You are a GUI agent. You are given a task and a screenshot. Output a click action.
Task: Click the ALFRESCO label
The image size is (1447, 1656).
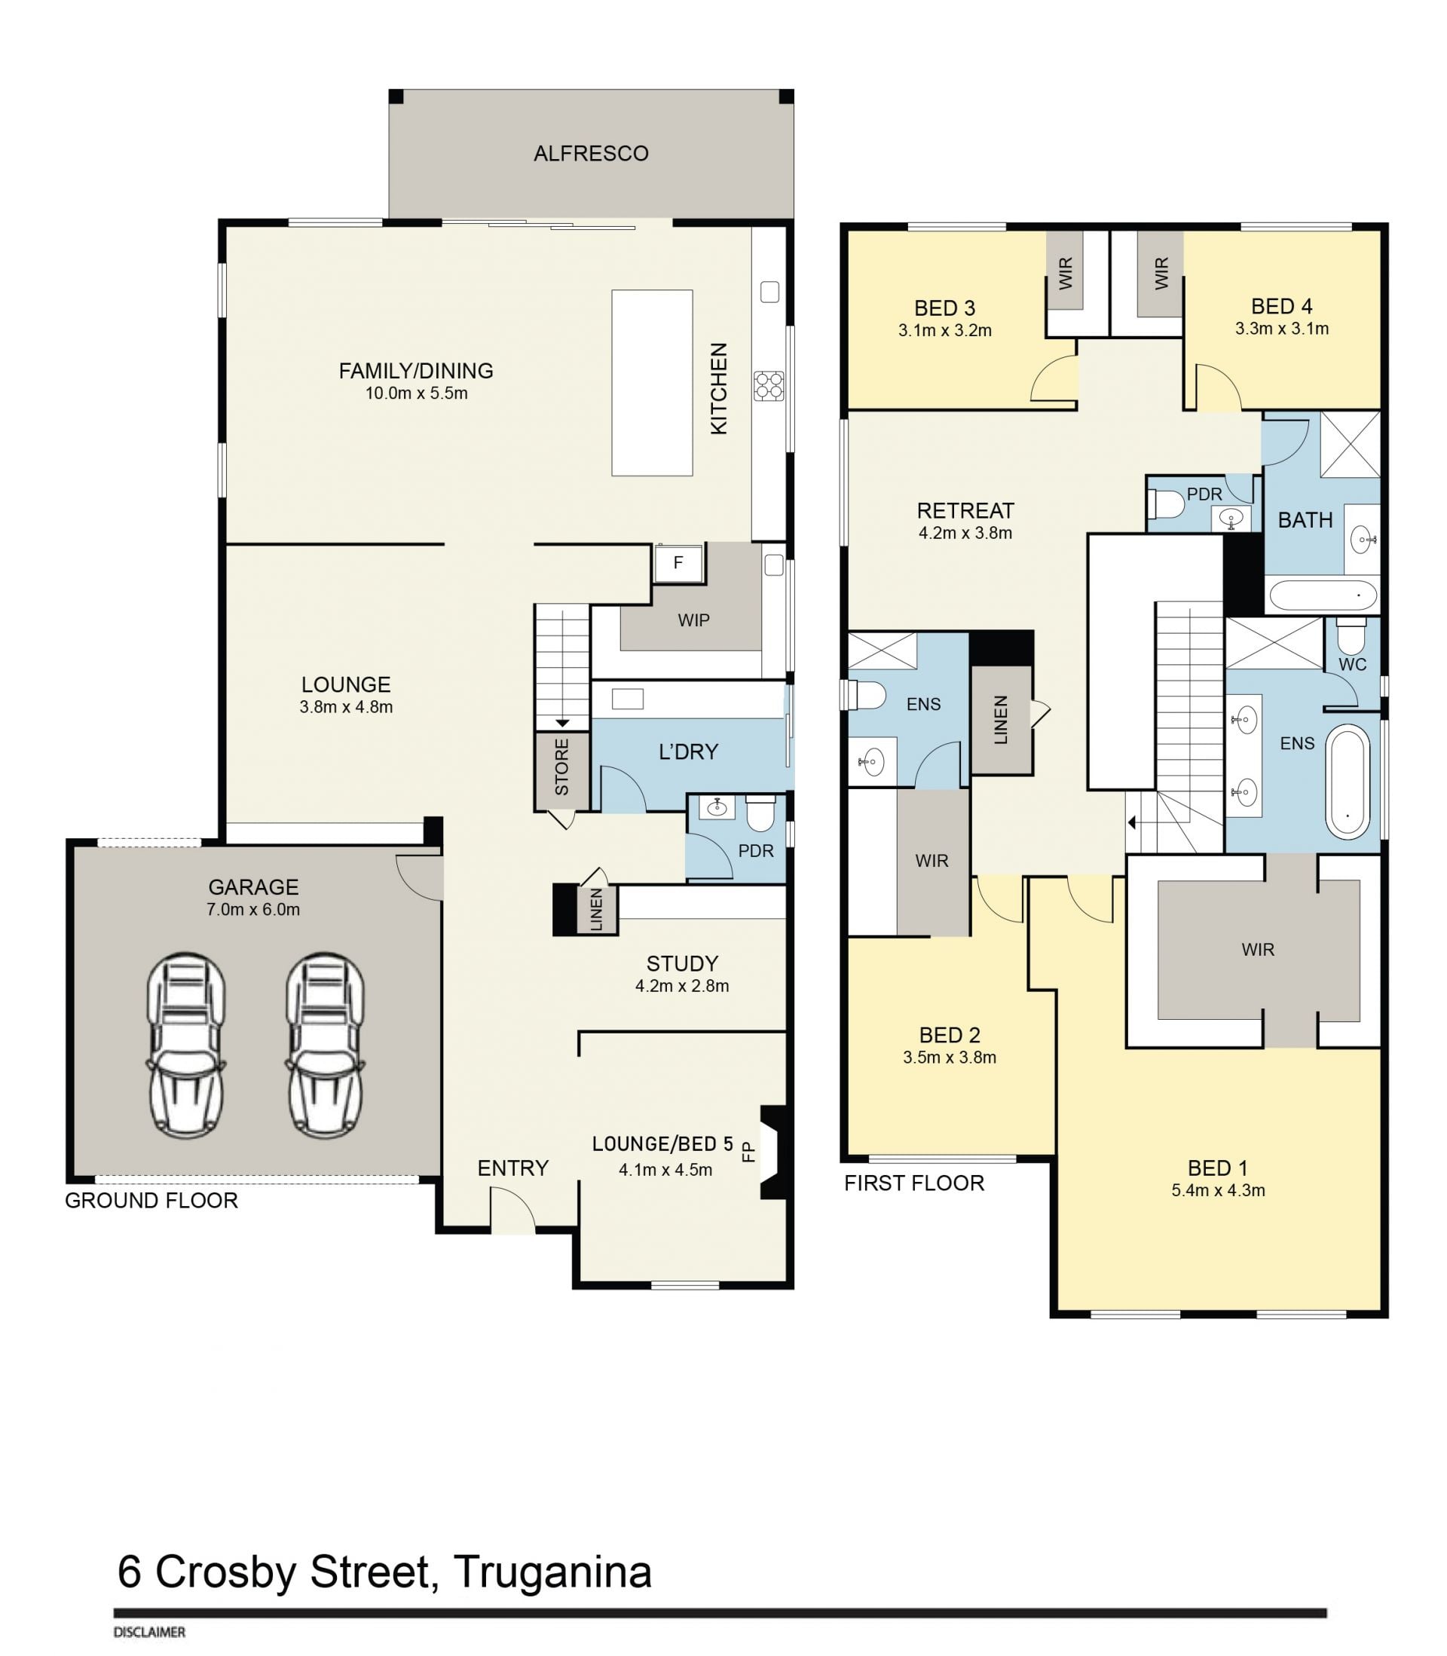coord(591,154)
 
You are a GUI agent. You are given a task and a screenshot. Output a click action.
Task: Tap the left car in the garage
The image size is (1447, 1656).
coord(185,1045)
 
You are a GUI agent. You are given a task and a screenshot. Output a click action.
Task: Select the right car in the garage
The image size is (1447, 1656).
coord(326,1045)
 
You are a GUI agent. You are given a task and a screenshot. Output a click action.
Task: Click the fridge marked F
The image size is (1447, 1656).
coord(678,564)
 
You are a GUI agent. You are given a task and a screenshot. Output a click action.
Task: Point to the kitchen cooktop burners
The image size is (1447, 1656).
coord(769,385)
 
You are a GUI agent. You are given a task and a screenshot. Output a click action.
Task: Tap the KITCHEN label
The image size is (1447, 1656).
coord(719,388)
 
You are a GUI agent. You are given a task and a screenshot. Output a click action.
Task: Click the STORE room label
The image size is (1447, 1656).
coord(562,767)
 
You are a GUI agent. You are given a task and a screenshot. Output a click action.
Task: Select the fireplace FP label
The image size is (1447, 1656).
coord(748,1150)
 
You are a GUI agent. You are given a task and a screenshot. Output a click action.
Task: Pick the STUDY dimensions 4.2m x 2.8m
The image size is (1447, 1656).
coord(682,986)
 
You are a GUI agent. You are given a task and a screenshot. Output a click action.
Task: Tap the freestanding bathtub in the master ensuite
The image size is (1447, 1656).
coord(1347,782)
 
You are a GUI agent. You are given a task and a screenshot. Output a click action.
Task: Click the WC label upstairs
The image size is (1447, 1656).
coord(1353,665)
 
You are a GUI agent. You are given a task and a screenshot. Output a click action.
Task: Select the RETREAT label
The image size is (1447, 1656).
coord(965,511)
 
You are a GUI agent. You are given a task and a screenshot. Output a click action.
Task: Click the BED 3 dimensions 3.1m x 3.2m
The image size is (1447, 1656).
coord(945,330)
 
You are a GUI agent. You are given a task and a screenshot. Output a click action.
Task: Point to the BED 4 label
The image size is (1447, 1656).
coord(1281,307)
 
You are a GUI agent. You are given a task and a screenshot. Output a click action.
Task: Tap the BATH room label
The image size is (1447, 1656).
coord(1305,521)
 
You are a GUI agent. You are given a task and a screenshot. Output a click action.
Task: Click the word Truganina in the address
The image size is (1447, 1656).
coord(553,1572)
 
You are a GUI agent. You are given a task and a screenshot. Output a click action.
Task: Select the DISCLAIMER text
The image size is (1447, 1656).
coord(149,1632)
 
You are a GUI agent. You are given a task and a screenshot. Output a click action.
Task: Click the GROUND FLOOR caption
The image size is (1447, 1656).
coord(151,1201)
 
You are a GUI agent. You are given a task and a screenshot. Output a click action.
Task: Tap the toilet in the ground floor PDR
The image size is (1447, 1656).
coord(760,814)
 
